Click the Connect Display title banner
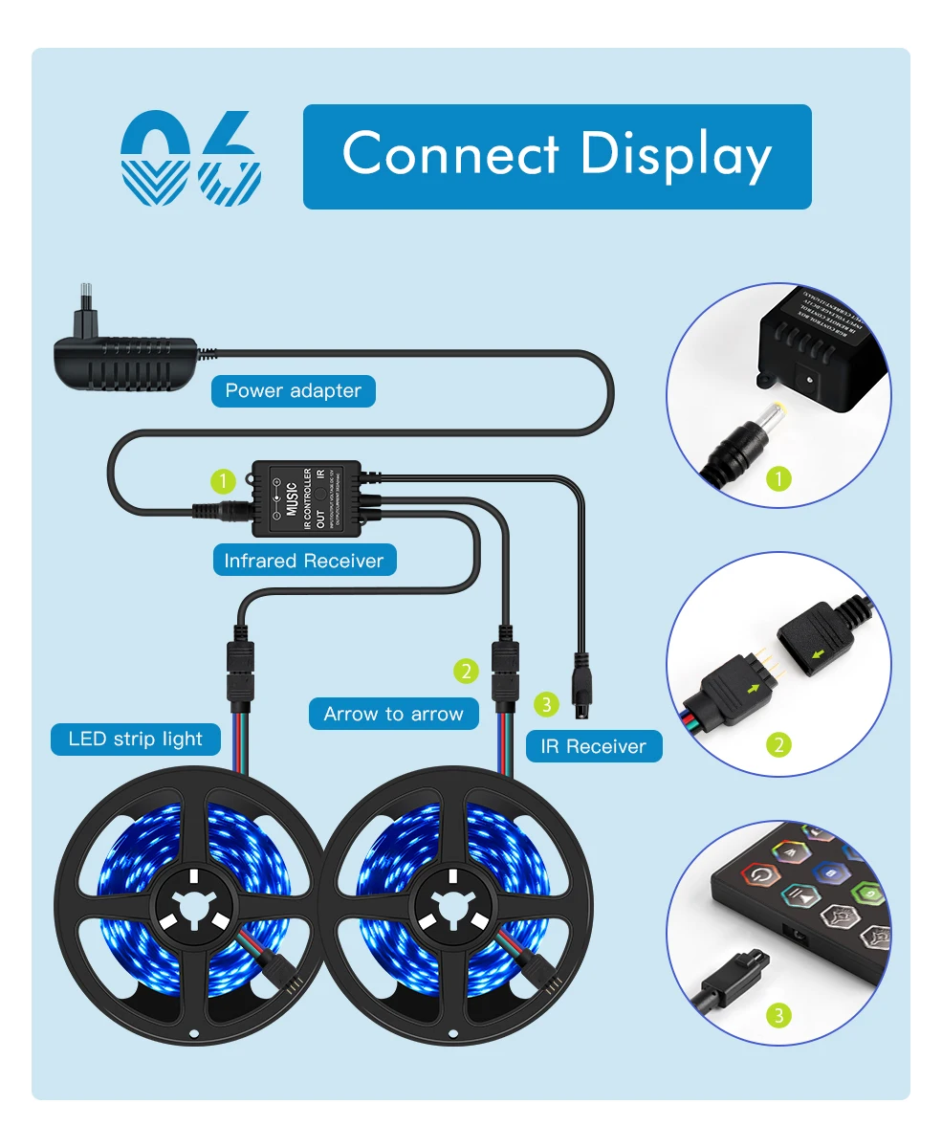point(557,156)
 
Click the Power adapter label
point(293,390)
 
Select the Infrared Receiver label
point(303,561)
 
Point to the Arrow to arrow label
point(393,714)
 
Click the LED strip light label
point(136,739)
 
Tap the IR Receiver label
point(593,746)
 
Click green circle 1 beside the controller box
point(223,480)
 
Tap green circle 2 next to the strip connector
point(466,672)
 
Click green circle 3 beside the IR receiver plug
point(545,705)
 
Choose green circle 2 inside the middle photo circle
point(779,743)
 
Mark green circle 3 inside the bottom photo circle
point(779,1015)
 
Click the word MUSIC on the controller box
point(291,498)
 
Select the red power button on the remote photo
point(761,874)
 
